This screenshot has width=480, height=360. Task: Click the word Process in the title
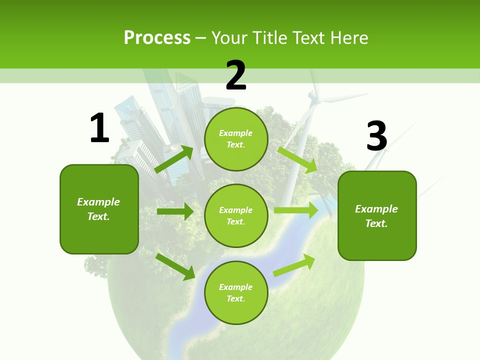(x=157, y=38)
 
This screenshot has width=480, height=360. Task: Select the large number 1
(x=99, y=128)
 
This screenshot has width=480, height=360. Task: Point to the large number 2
(x=236, y=75)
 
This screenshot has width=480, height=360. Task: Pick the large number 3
(x=376, y=136)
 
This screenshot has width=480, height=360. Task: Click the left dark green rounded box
(x=99, y=209)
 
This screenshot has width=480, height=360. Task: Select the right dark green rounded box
(x=377, y=215)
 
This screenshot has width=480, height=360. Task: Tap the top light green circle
(x=236, y=139)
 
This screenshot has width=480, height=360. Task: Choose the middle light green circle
(x=236, y=215)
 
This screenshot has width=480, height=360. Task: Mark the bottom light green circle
(x=236, y=292)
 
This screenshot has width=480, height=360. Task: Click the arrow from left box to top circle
(x=174, y=159)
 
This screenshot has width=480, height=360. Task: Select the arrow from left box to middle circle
(x=175, y=211)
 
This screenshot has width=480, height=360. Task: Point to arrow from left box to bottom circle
(x=175, y=266)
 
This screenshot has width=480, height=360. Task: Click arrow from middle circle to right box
(x=296, y=210)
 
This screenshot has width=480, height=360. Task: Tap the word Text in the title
(x=308, y=38)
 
